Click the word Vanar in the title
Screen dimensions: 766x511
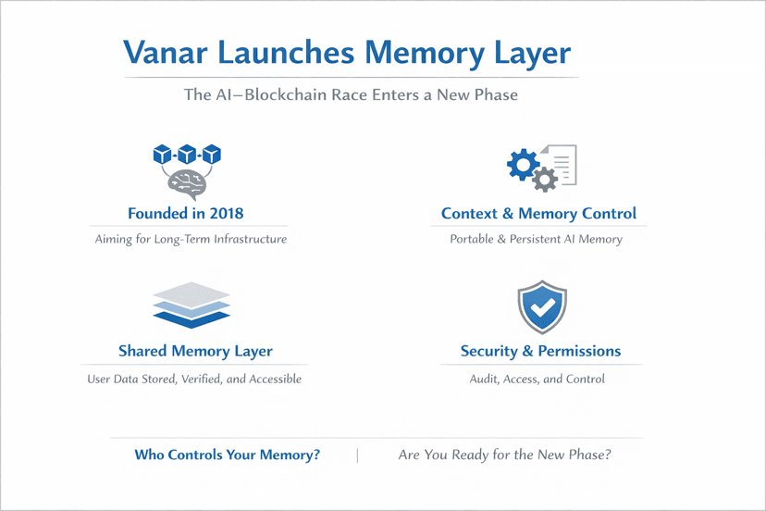coord(166,52)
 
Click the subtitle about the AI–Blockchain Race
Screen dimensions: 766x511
coord(351,94)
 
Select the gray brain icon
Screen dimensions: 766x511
coord(188,184)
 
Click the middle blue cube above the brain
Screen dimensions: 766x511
coord(187,154)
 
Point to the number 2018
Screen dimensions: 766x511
coord(227,213)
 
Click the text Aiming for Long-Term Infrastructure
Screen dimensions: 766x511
coord(191,239)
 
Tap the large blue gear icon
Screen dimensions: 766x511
coord(523,164)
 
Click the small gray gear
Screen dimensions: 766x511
coord(545,180)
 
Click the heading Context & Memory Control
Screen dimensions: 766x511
coord(538,214)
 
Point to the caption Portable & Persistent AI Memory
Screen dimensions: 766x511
coord(536,239)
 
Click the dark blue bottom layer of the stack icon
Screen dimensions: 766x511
coord(191,318)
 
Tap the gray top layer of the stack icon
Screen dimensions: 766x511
coord(191,295)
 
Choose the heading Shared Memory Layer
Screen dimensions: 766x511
coord(195,351)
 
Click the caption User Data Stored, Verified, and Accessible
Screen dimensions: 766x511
coord(194,379)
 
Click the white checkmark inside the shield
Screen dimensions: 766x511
coord(542,307)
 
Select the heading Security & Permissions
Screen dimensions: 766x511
coord(541,351)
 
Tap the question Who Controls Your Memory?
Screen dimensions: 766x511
coord(228,455)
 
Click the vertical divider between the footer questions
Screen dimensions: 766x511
coord(358,455)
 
